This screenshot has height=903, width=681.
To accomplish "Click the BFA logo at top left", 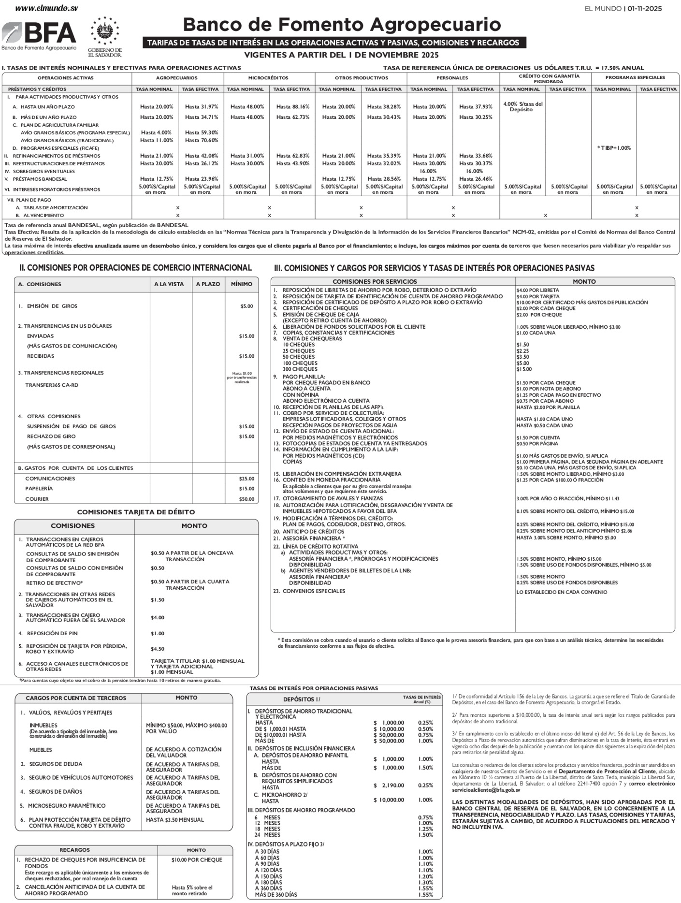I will click(39, 35).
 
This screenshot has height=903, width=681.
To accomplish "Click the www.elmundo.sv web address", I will click(46, 8).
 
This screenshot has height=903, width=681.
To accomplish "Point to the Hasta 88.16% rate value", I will click(292, 107).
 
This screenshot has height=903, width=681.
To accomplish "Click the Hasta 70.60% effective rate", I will click(202, 141).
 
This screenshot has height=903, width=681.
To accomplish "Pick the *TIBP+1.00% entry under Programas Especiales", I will click(613, 148).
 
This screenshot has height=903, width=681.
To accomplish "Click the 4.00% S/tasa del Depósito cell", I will click(522, 107).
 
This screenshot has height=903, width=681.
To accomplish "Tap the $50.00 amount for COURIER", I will click(246, 499).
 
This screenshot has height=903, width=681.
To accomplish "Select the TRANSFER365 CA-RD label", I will click(52, 385).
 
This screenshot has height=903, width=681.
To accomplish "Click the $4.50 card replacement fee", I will click(158, 649).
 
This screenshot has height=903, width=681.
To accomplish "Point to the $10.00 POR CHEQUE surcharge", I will click(197, 860).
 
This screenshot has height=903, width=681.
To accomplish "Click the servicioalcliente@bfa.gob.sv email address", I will click(486, 790).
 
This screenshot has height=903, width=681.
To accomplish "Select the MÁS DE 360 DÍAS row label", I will click(276, 895).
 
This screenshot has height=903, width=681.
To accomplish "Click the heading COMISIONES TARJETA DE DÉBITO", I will click(136, 512).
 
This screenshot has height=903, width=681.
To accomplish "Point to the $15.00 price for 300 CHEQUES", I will click(524, 369).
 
